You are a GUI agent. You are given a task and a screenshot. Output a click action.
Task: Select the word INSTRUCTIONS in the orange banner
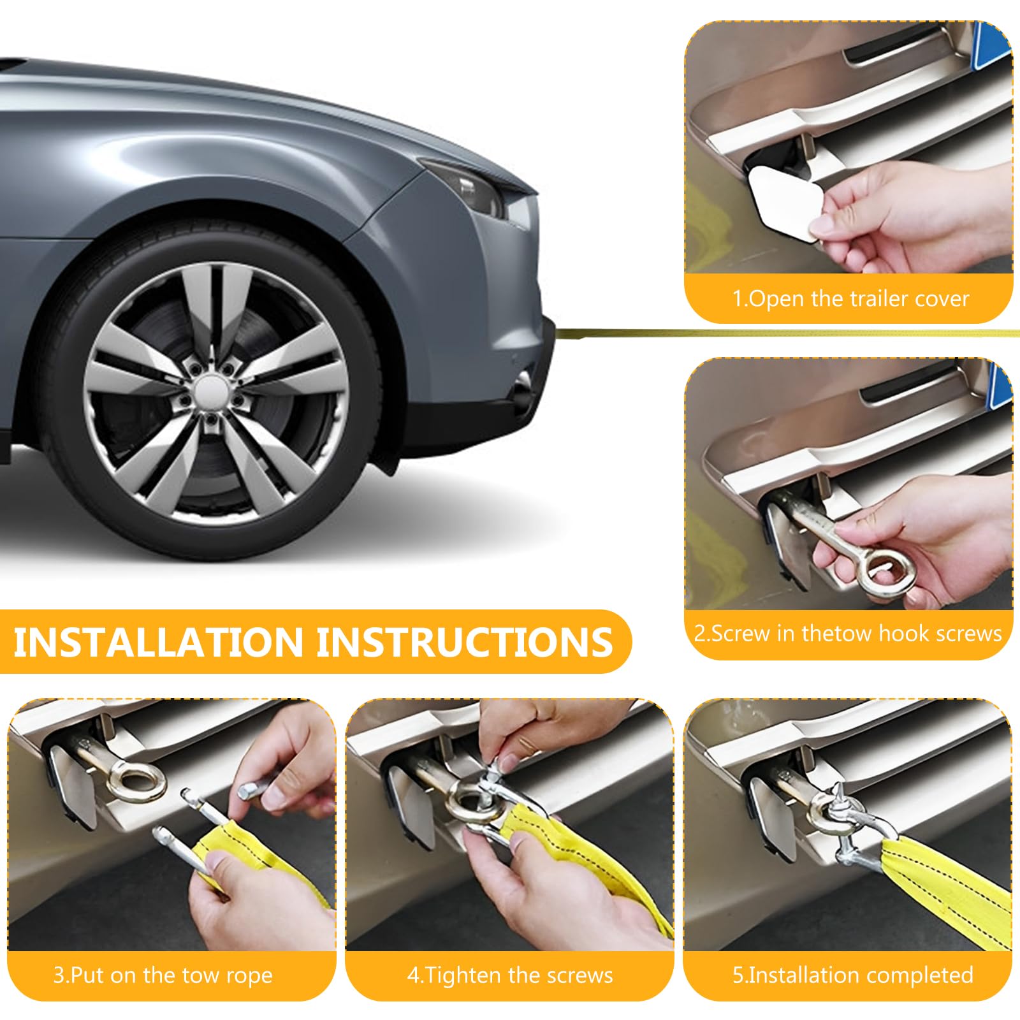coord(464,642)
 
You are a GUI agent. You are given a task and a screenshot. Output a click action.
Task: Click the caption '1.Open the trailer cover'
coord(850,298)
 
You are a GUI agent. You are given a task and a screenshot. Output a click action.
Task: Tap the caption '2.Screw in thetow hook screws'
coord(848,633)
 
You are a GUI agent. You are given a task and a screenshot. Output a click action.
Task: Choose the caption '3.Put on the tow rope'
coord(163,975)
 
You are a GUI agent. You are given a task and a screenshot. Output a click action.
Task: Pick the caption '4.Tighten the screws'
coord(510,975)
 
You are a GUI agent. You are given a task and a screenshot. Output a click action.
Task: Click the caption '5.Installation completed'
coord(853,975)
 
